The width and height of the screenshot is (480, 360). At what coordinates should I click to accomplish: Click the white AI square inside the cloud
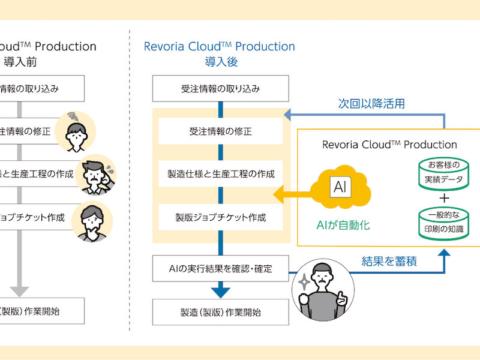[340, 187]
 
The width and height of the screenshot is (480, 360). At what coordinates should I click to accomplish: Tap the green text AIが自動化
[343, 226]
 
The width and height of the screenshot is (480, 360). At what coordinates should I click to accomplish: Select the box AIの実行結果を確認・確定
[220, 268]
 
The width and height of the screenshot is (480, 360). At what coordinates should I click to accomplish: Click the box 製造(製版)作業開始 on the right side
[220, 312]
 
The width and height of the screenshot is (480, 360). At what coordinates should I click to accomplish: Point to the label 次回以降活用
[371, 103]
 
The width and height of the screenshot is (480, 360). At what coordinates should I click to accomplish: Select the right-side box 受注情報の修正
[220, 131]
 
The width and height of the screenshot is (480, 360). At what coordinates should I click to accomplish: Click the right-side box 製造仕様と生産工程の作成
[220, 174]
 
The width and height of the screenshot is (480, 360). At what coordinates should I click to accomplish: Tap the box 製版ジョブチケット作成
[220, 217]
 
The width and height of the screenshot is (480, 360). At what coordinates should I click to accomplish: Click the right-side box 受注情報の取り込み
[220, 89]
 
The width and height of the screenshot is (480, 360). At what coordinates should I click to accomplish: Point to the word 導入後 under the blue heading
[221, 61]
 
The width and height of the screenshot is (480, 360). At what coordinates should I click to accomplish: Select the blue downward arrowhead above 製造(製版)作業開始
[220, 292]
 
